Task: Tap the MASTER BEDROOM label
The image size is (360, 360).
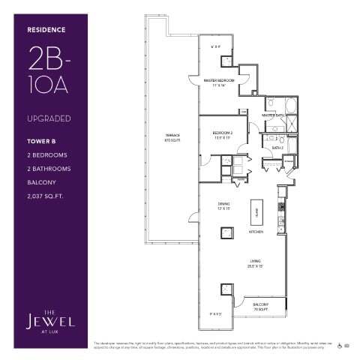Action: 222,81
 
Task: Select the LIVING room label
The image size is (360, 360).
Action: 256,262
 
